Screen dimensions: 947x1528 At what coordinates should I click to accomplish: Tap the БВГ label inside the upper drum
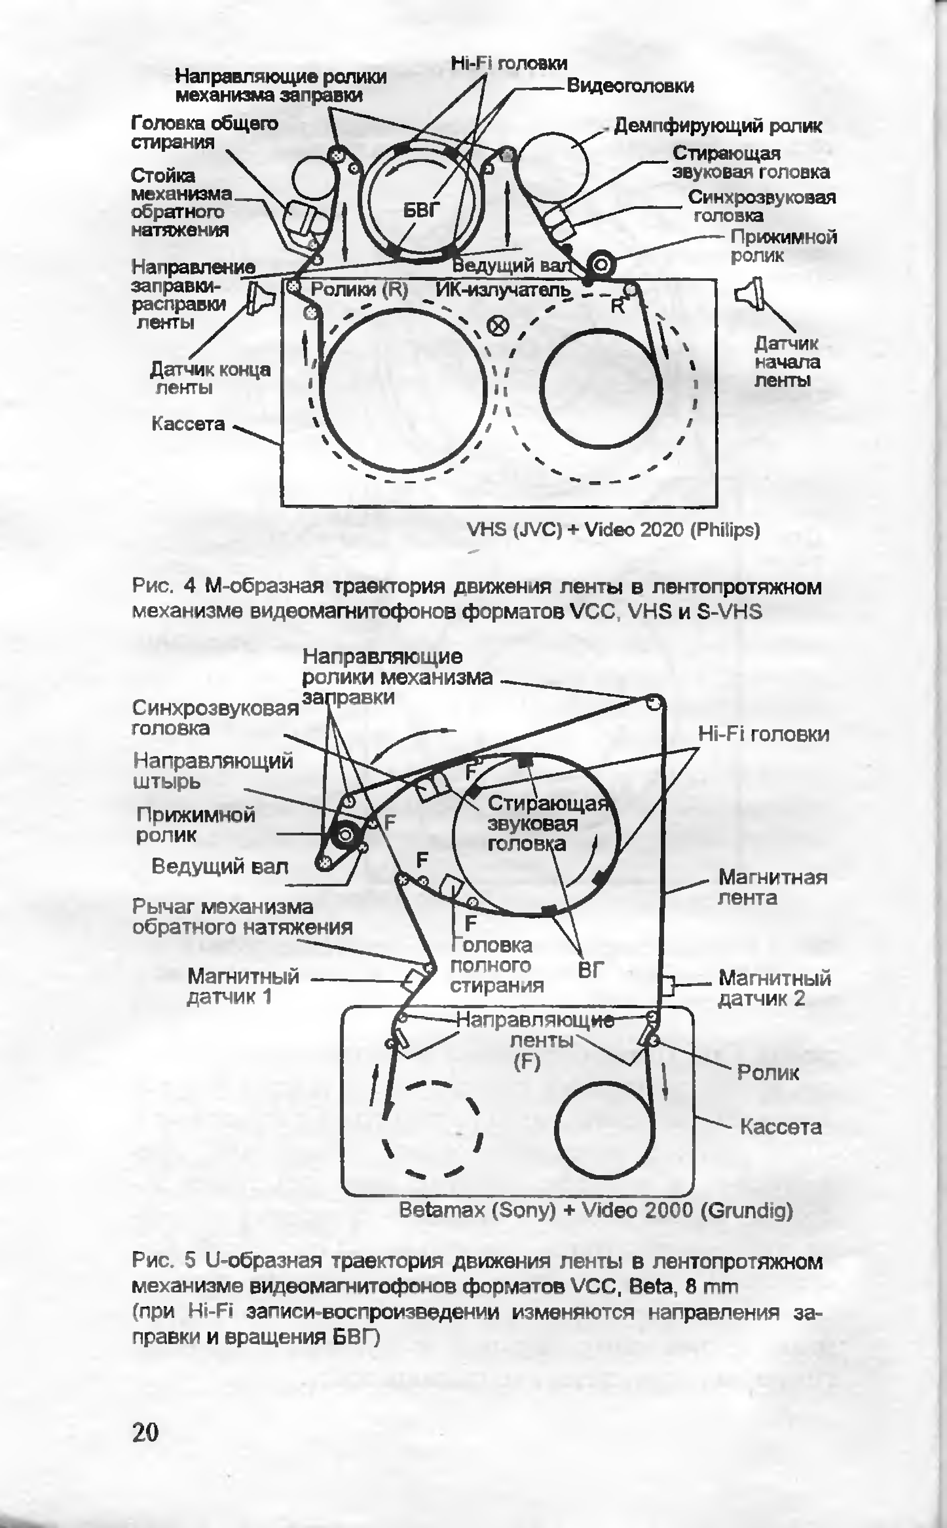point(421,211)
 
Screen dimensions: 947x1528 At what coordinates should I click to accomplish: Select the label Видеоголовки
point(630,86)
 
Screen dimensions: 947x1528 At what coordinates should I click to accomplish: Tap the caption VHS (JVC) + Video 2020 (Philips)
point(614,530)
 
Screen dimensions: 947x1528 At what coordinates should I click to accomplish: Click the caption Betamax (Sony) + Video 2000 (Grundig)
point(596,1210)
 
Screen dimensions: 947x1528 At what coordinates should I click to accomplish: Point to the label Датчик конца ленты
point(211,378)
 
